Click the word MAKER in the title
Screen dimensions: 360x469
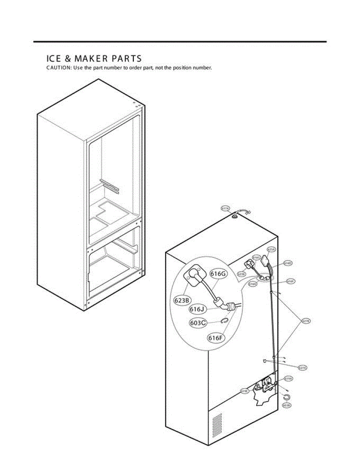point(84,59)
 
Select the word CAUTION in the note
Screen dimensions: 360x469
point(59,68)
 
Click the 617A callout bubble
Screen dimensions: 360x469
point(225,209)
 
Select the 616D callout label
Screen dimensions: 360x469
point(288,263)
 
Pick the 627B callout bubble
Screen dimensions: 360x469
point(306,321)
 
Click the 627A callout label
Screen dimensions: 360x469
point(302,367)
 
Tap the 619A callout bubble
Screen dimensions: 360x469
point(288,378)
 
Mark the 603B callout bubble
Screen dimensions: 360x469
point(286,406)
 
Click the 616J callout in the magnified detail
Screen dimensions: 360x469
point(197,309)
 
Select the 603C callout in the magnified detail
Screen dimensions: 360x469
point(198,323)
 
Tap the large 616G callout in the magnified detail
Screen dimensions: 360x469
point(218,274)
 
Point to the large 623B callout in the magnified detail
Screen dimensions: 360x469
point(182,300)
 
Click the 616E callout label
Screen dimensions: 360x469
point(253,284)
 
